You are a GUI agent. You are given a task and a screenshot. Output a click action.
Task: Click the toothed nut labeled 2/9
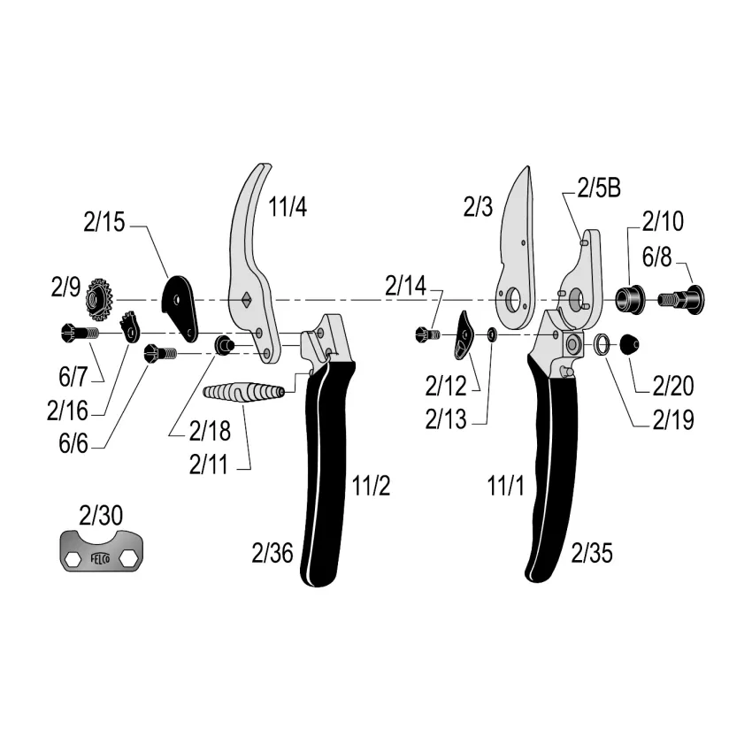pyautogui.click(x=99, y=300)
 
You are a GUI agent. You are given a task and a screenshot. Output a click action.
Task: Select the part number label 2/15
pyautogui.click(x=104, y=223)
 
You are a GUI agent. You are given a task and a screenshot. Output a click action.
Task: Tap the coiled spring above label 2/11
pyautogui.click(x=243, y=392)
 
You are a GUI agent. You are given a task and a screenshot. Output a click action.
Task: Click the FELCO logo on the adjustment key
pyautogui.click(x=100, y=558)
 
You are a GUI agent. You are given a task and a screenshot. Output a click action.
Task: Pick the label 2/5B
pyautogui.click(x=599, y=188)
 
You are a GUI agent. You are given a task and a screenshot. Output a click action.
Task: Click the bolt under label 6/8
pyautogui.click(x=681, y=299)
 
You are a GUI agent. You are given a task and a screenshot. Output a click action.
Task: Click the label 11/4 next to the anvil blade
pyautogui.click(x=288, y=207)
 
